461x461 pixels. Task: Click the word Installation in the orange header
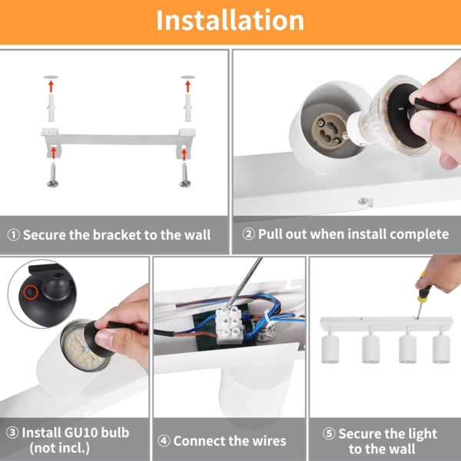[230, 21]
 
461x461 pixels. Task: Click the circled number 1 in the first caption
[14, 235]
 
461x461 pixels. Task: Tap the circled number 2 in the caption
[248, 234]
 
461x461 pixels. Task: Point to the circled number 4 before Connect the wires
[164, 441]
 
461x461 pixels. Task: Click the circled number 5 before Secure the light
[329, 434]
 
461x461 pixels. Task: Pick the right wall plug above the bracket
[185, 104]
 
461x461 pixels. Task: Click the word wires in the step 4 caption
[266, 441]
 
